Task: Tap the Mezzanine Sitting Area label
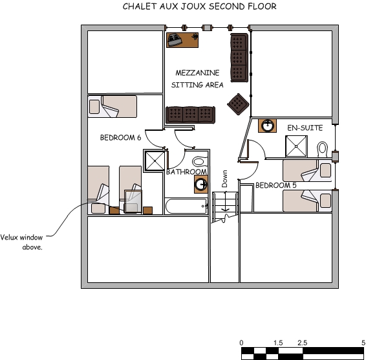pyautogui.click(x=197, y=79)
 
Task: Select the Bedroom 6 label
pyautogui.click(x=120, y=138)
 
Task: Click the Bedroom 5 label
pyautogui.click(x=275, y=185)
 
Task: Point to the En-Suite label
pyautogui.click(x=305, y=128)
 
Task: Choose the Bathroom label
pyautogui.click(x=186, y=172)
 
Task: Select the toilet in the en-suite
pyautogui.click(x=322, y=148)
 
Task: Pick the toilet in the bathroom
pyautogui.click(x=199, y=161)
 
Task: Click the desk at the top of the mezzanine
pyautogui.click(x=182, y=40)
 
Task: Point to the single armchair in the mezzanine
pyautogui.click(x=238, y=103)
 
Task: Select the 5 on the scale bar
pyautogui.click(x=363, y=343)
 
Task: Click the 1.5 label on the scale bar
pyautogui.click(x=278, y=343)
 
